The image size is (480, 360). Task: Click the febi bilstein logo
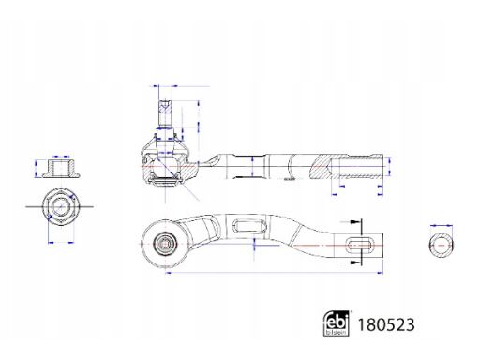tap(337, 323)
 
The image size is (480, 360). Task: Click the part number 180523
tap(386, 324)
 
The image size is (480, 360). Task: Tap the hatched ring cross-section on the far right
tap(442, 246)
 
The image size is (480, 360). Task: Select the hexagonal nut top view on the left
tap(61, 206)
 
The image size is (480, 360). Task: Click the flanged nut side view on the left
tap(61, 169)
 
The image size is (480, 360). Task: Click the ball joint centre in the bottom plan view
tap(165, 243)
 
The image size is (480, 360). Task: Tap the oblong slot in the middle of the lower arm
tap(249, 226)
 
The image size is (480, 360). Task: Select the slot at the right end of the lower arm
tap(360, 245)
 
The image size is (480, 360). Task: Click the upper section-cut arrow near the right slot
tap(350, 222)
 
